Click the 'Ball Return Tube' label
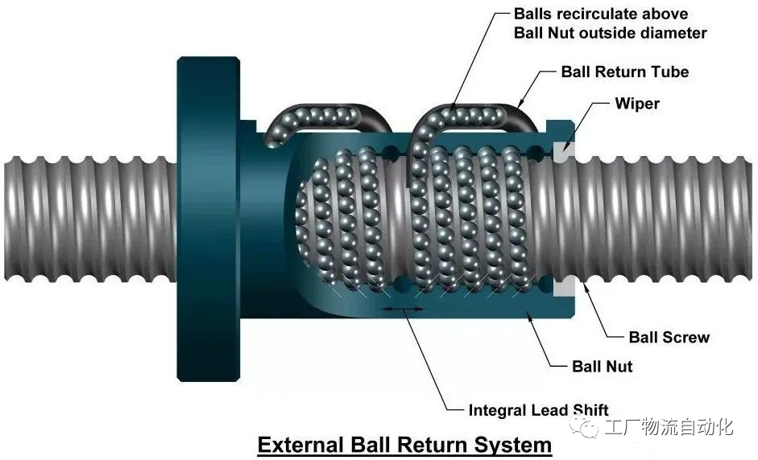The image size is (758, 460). point(624,72)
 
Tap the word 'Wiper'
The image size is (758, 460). point(637,104)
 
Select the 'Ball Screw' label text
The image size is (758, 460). point(669,337)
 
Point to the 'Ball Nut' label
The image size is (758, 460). point(602,367)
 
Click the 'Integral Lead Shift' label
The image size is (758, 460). point(539,410)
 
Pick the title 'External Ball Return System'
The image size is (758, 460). point(404,445)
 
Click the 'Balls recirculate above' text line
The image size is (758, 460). point(601,14)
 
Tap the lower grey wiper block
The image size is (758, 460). point(564,287)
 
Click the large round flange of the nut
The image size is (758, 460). point(209,220)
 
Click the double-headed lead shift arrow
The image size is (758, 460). point(404,308)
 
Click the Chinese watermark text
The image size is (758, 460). point(669,427)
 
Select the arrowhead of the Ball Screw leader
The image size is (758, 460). point(586,288)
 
